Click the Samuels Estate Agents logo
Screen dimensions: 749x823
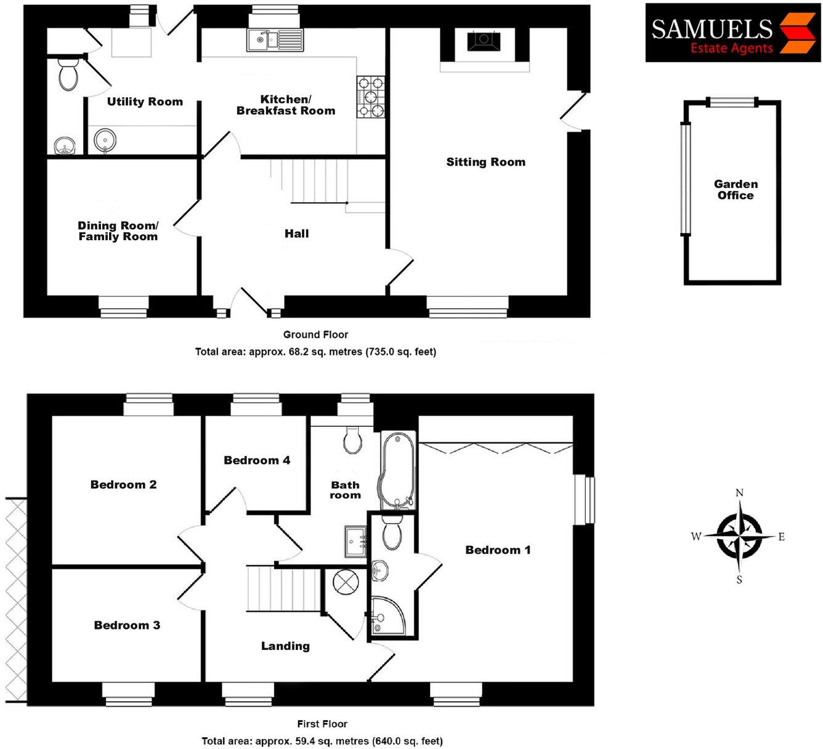click(732, 33)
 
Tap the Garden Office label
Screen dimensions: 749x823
click(736, 190)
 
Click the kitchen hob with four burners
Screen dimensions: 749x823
click(370, 97)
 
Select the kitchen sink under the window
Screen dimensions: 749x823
click(275, 40)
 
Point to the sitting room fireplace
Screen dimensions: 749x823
click(484, 41)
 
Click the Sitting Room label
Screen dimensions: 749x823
click(485, 162)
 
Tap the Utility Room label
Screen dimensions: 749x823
click(145, 102)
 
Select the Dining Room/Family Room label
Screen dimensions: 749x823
click(118, 231)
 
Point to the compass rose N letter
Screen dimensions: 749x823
click(739, 493)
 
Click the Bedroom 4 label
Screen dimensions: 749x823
click(256, 460)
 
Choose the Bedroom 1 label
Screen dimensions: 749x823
click(498, 550)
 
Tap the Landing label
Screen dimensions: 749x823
click(285, 646)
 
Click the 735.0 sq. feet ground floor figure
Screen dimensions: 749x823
click(401, 352)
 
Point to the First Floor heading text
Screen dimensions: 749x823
click(322, 724)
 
